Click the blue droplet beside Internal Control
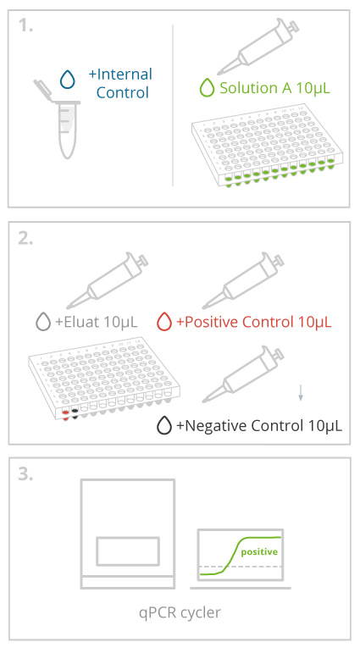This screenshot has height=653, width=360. pos(68,79)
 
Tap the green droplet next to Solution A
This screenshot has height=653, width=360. pos(207,88)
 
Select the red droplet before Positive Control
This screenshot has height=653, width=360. pos(164,322)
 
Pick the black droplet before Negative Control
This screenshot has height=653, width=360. pos(164,426)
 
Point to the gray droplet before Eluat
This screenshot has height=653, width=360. pos(43,322)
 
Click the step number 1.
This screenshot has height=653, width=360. pos(25,25)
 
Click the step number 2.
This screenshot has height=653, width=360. pos(25,239)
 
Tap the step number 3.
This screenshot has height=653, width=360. pos(25,474)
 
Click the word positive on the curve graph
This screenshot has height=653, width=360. pos(259,552)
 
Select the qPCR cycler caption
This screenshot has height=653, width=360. pos(180,612)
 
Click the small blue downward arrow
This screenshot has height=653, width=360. pos(301,393)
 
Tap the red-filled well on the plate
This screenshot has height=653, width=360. pos(66,413)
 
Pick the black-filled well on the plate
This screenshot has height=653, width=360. pos(75,412)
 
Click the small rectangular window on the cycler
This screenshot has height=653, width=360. pos(128,551)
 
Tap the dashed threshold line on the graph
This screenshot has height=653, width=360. pos(241,567)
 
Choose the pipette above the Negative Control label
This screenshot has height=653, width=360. pos(244,374)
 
